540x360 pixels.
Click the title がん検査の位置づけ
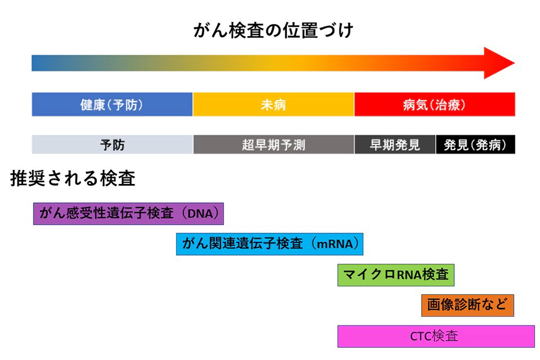point(273,30)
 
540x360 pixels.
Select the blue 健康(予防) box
point(112,104)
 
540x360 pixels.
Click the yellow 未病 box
point(274,104)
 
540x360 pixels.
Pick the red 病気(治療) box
point(435,104)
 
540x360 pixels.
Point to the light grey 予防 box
point(112,144)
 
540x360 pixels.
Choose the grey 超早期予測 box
point(274,144)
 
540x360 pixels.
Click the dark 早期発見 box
point(395,144)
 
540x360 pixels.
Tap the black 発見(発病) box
point(475,144)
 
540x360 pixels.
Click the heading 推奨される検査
point(73,178)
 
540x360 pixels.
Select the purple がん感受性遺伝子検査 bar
point(129,214)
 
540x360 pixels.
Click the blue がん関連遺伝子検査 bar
point(269,244)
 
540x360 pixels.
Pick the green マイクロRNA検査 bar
point(396,275)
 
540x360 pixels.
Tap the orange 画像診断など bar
point(467,305)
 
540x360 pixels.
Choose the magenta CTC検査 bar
point(436,336)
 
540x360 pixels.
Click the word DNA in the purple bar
point(200,214)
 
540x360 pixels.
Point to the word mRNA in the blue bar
point(335,244)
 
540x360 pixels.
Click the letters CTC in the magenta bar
point(421,336)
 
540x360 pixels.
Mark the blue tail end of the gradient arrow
point(32,63)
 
